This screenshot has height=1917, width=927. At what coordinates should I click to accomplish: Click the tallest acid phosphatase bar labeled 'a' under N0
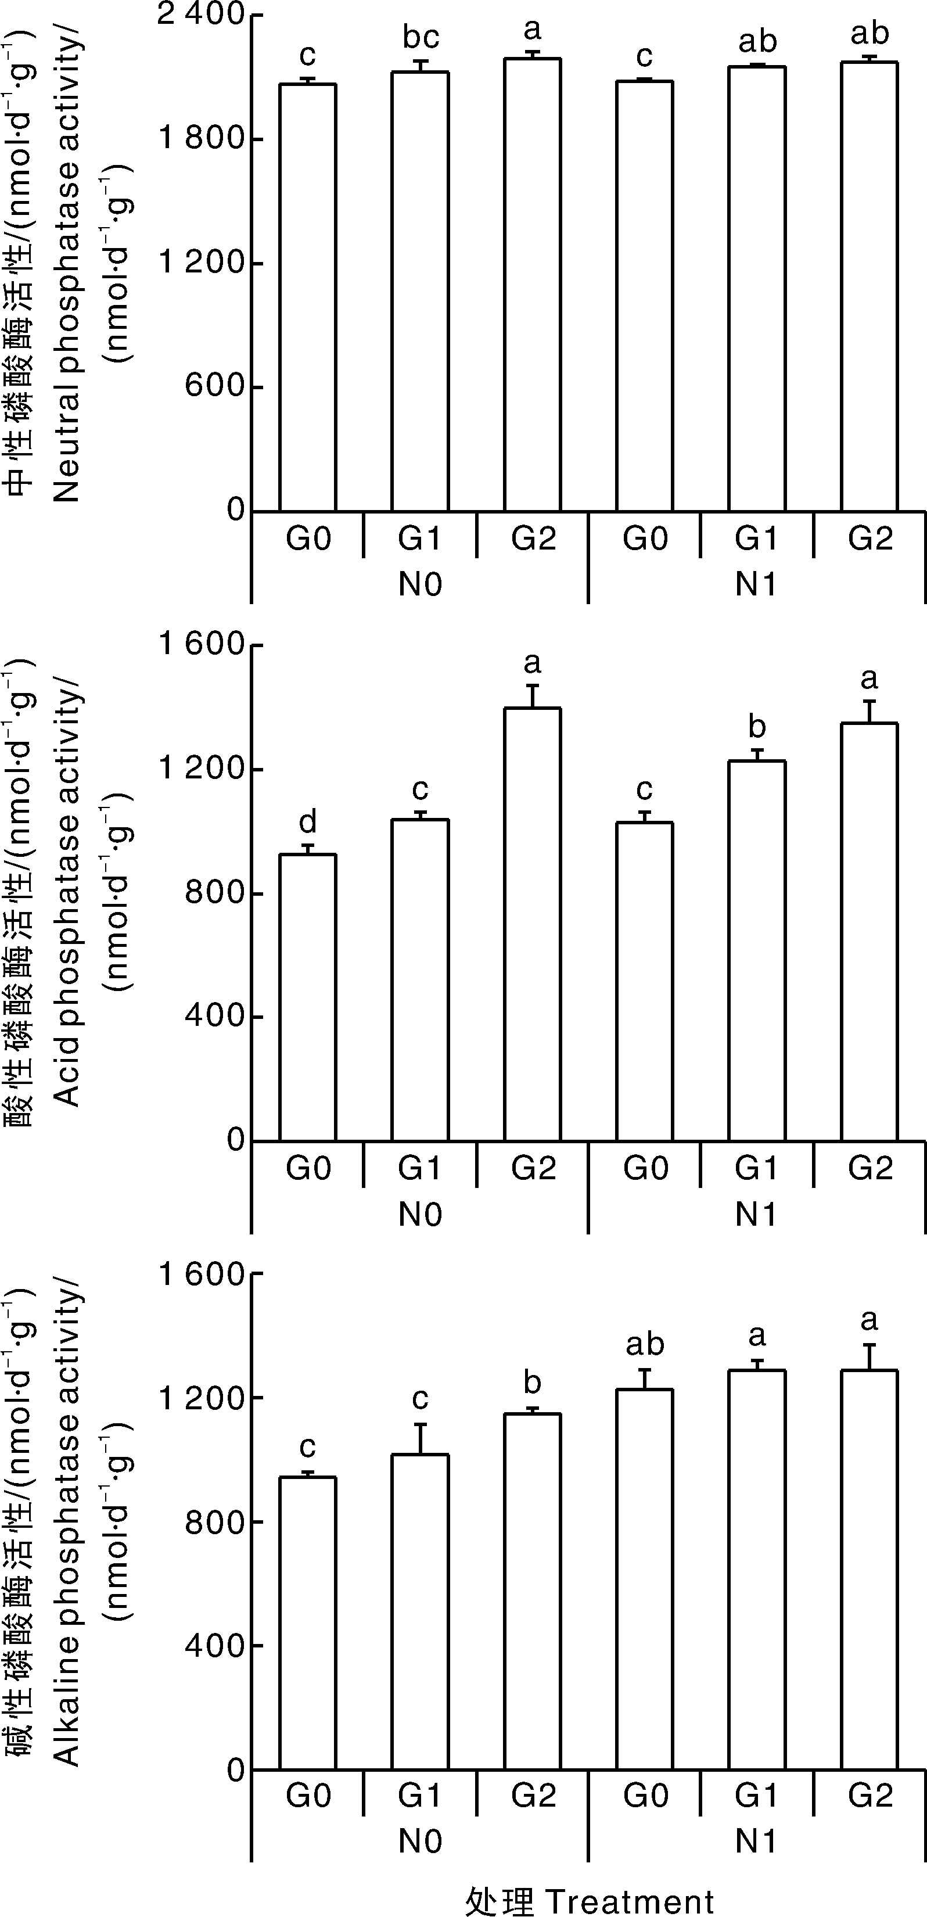(533, 923)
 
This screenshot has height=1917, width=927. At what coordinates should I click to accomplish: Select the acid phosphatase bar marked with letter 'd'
(307, 997)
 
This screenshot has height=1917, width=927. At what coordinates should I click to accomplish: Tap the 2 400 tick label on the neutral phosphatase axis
(201, 16)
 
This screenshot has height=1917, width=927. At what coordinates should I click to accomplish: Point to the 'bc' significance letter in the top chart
(421, 37)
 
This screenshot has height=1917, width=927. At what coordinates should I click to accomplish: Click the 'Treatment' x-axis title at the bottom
(630, 1901)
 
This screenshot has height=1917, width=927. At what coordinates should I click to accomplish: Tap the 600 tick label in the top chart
(215, 387)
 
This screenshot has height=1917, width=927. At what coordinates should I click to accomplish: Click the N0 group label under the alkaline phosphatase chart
(421, 1841)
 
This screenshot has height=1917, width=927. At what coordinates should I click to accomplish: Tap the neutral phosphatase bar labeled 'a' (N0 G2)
(533, 283)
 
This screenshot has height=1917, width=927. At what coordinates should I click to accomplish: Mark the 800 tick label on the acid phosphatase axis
(215, 892)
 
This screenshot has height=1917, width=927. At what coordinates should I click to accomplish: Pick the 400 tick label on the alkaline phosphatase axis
(215, 1645)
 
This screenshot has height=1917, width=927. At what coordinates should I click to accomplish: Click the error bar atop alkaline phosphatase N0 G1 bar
(421, 1438)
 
